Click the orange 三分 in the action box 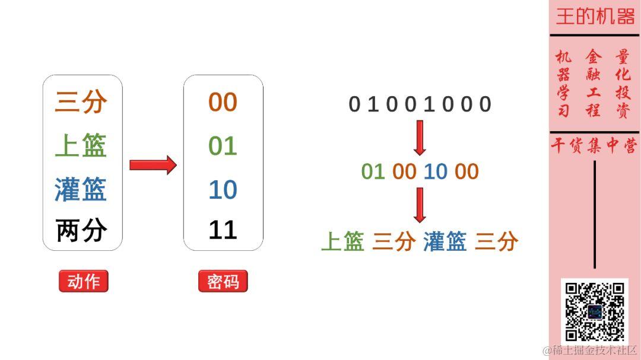click(81, 101)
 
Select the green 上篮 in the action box click(81, 145)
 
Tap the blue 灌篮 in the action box click(81, 189)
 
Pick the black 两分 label click(81, 231)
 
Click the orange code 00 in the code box click(223, 103)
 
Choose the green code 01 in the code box click(223, 146)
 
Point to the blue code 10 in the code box click(223, 190)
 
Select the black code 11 click(223, 231)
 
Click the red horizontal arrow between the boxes click(153, 165)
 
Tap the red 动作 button click(84, 282)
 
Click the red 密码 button click(223, 282)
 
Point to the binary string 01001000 click(420, 104)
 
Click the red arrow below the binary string click(420, 137)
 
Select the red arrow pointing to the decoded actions click(420, 205)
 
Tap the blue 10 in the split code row click(435, 171)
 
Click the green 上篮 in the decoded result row click(342, 241)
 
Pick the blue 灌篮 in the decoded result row click(445, 241)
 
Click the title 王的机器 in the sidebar click(595, 17)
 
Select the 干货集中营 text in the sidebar click(594, 146)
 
